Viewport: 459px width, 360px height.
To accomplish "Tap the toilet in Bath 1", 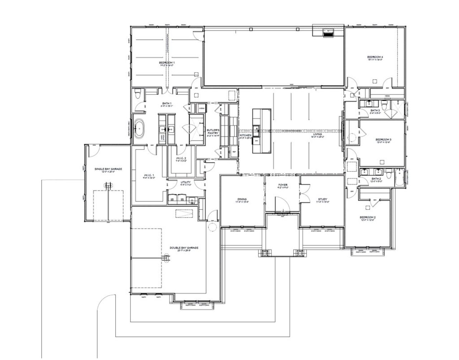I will [x=137, y=94].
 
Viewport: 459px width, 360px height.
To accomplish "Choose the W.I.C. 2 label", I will [x=180, y=159].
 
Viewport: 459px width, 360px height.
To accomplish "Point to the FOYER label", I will [x=283, y=186].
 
